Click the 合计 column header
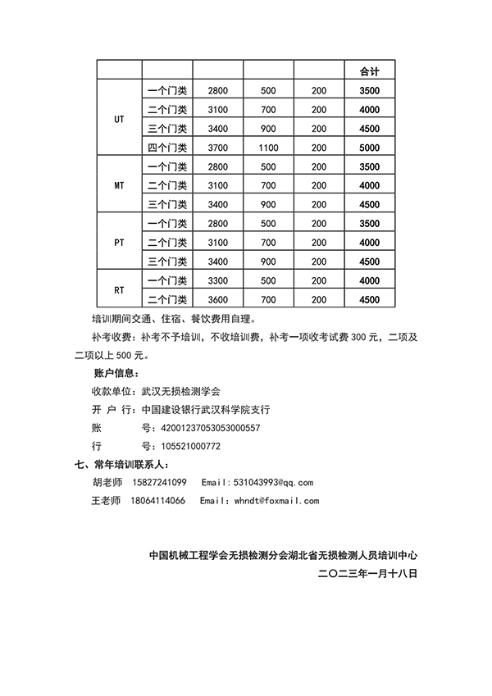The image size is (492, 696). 369,69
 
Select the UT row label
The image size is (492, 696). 119,119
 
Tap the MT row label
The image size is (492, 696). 119,185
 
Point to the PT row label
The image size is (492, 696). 119,243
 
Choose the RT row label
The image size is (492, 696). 119,290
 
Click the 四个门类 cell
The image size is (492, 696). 167,148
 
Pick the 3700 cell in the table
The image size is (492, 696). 218,148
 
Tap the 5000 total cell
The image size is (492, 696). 369,148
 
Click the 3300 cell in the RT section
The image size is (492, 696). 218,281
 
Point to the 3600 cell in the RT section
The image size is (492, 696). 218,300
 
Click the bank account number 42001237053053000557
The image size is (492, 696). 201,428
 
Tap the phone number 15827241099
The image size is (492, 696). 158,482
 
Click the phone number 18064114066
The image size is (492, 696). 157,500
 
